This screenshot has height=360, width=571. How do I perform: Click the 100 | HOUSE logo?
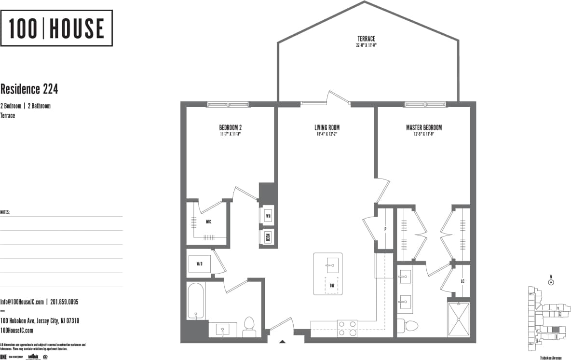coord(56,28)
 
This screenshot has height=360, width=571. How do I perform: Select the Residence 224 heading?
coord(29,89)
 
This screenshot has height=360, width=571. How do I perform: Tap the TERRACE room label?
coord(366,39)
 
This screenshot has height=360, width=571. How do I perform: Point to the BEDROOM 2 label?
coord(230,128)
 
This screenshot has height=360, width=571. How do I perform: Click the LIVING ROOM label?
coord(327,128)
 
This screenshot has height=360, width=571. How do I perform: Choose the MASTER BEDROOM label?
coord(423,128)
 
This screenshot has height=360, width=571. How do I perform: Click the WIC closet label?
coord(208,222)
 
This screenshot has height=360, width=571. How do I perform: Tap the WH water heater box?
coord(268,216)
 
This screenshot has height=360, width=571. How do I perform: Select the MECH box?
coord(268,237)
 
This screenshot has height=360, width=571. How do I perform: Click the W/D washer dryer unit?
coord(199,264)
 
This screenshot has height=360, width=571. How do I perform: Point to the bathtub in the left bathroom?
coord(196,301)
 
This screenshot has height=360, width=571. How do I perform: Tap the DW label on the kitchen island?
coord(332,285)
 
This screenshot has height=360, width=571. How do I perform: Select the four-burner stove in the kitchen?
coord(347,328)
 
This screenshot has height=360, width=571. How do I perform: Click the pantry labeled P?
coord(385,229)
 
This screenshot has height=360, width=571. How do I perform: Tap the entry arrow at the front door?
coord(283,342)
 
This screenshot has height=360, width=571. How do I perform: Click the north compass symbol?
coord(551,283)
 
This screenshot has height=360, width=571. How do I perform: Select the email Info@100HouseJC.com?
coord(22,302)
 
